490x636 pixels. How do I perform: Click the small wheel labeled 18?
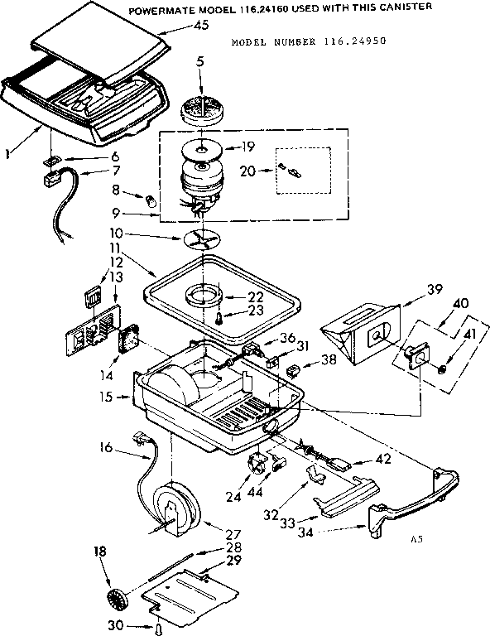pos(113,600)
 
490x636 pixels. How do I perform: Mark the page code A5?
pos(416,540)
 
